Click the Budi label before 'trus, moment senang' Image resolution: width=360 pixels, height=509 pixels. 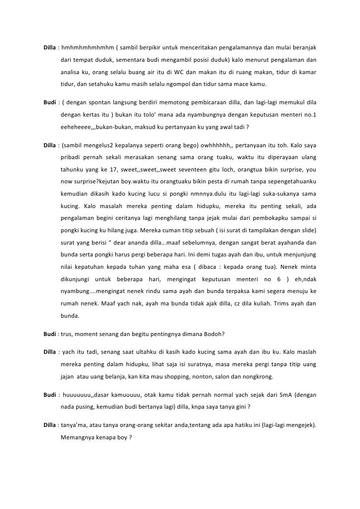pos(49,333)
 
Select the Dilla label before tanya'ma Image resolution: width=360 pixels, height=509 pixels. pos(49,425)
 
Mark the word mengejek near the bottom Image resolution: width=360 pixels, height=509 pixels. pos(297,425)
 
